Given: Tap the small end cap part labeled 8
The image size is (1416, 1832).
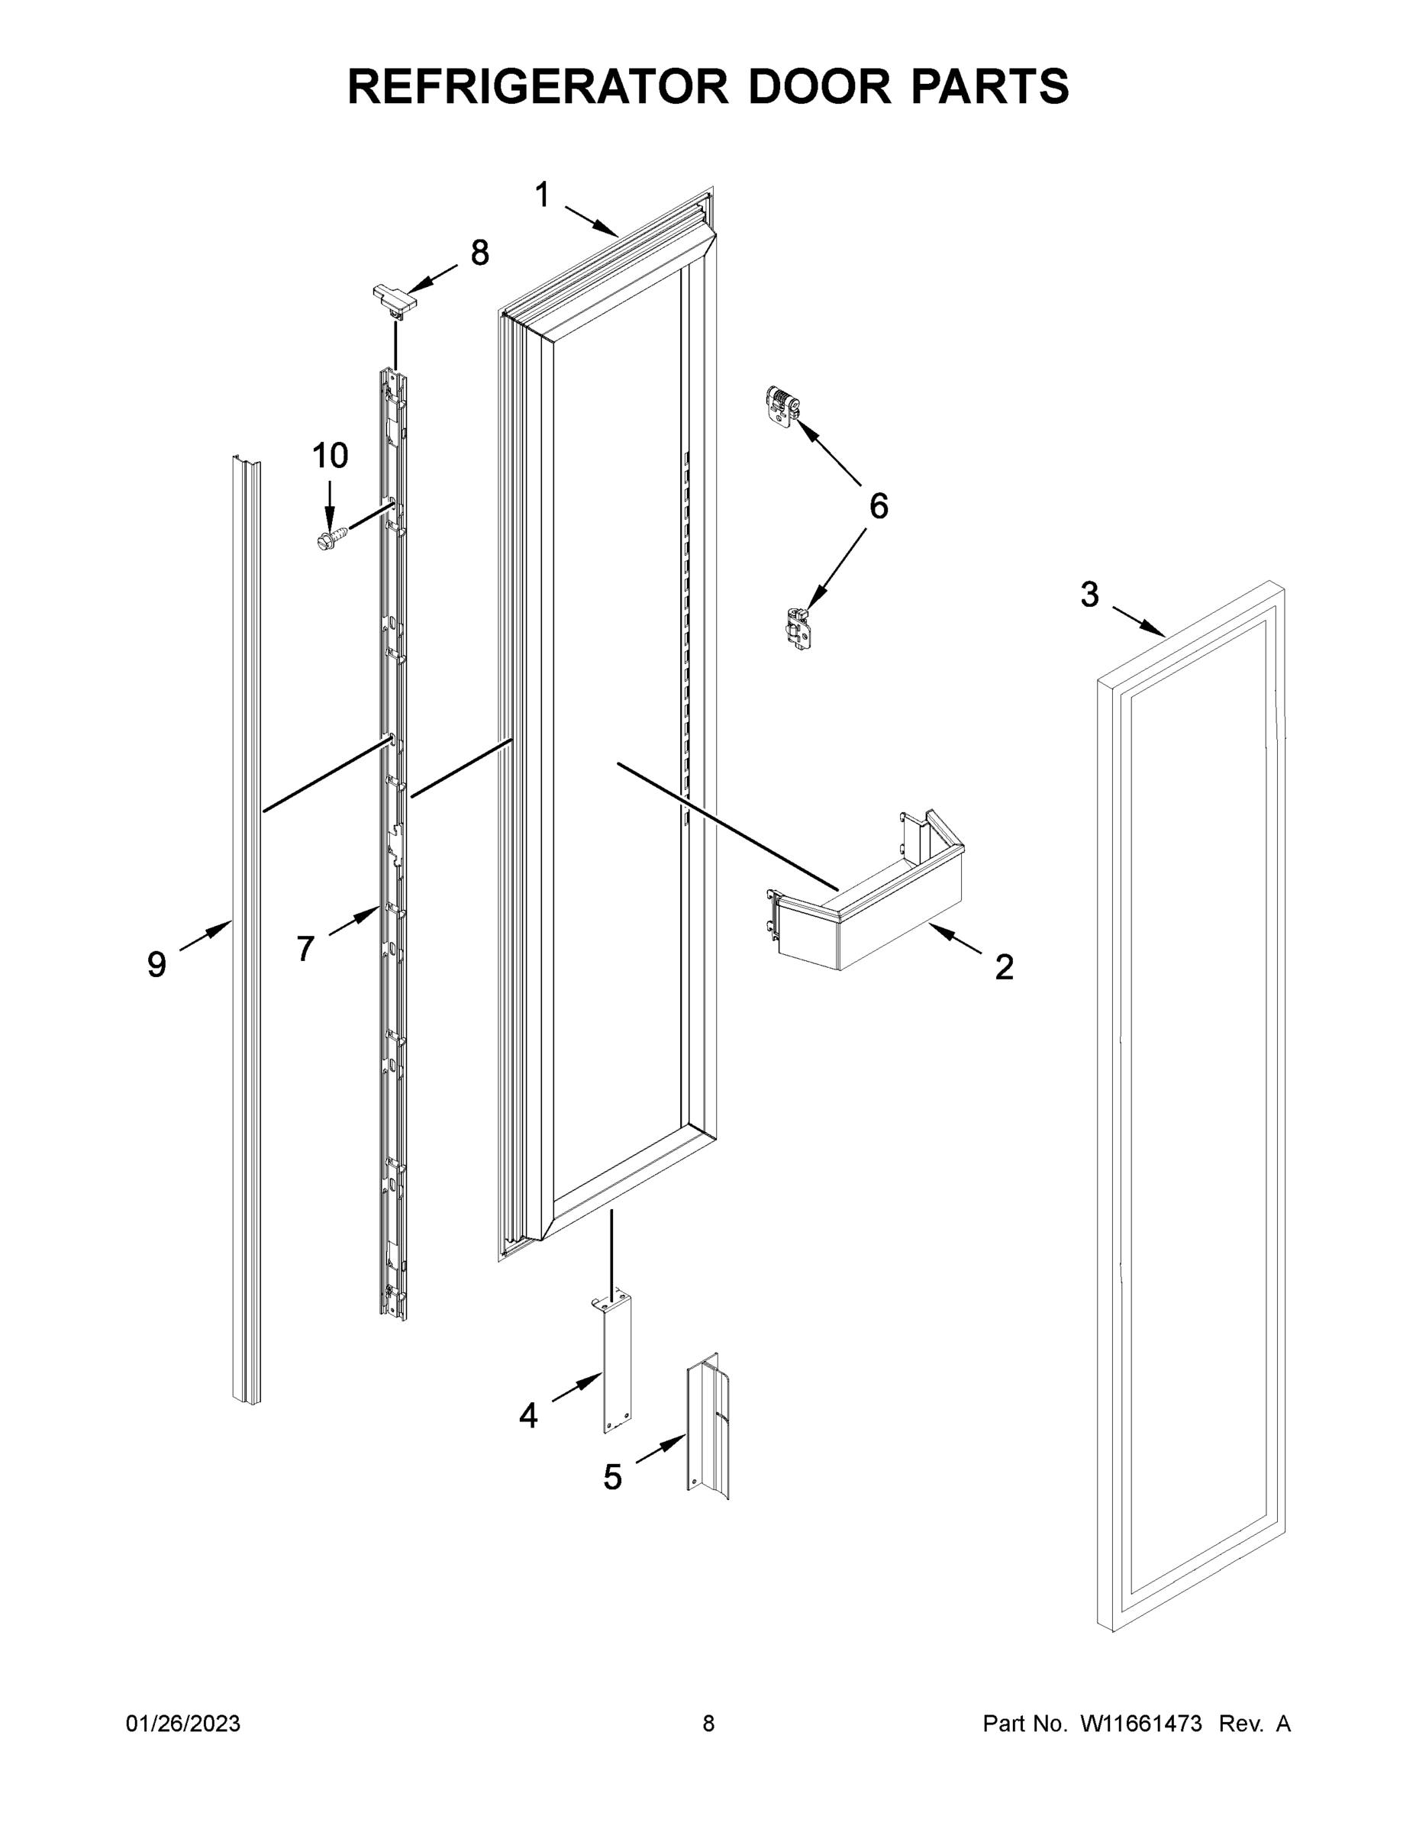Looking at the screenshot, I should [x=393, y=299].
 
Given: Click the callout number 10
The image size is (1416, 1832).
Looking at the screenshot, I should [x=330, y=456].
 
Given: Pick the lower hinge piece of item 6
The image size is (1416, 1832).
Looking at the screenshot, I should [x=797, y=630].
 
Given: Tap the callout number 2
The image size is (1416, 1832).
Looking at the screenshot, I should [x=1003, y=967].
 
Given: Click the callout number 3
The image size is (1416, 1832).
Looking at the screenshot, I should [x=1089, y=595].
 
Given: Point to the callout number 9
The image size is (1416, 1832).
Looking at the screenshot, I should [x=157, y=965].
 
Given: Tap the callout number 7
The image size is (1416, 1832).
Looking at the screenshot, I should [x=305, y=949].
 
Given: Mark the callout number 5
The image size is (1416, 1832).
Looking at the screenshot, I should [x=612, y=1477].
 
